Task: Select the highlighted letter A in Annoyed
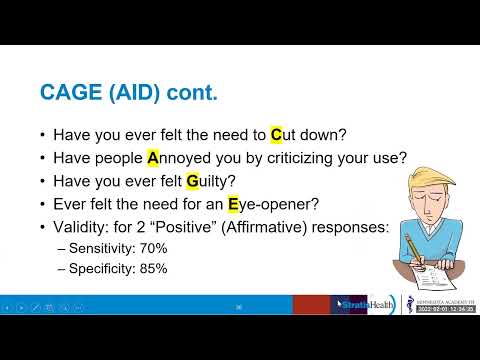click(x=154, y=157)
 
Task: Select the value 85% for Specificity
click(x=153, y=268)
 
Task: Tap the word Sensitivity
click(x=103, y=247)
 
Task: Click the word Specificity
click(x=103, y=268)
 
